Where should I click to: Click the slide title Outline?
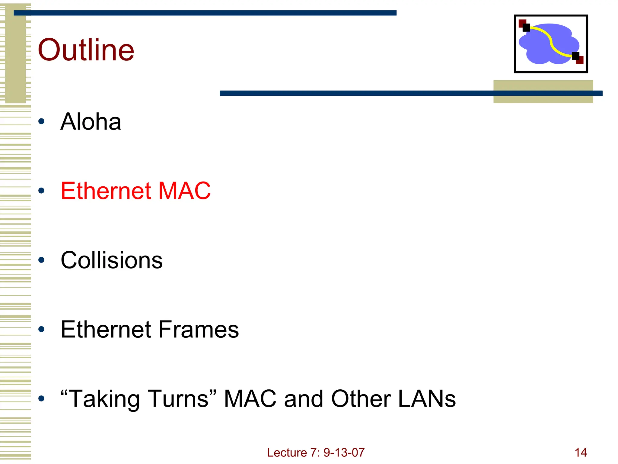point(86,50)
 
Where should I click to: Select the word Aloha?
point(91,122)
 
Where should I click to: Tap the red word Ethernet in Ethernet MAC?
point(106,191)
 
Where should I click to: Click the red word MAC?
point(184,191)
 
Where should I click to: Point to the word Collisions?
point(112,260)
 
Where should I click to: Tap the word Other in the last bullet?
point(361,399)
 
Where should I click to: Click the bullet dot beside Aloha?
point(42,122)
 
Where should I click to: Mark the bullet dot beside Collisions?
point(42,260)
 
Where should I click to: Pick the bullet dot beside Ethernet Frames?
point(42,329)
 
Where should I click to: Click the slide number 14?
point(581,453)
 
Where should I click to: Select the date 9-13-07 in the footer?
point(344,453)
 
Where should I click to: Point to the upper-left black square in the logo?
point(526,28)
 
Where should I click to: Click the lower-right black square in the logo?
point(575,56)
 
